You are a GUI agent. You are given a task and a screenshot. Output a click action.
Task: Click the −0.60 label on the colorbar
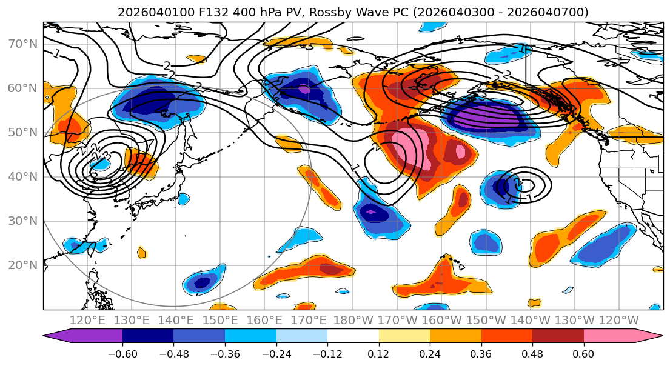tap(122, 353)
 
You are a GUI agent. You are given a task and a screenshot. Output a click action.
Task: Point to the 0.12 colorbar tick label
tap(379, 353)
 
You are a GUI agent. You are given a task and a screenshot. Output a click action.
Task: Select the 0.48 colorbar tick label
tap(532, 353)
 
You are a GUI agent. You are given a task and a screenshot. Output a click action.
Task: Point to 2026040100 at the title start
tap(146, 12)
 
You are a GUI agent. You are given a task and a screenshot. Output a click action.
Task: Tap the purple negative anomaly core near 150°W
tap(482, 115)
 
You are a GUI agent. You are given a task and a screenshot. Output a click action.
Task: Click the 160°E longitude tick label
tap(265, 319)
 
